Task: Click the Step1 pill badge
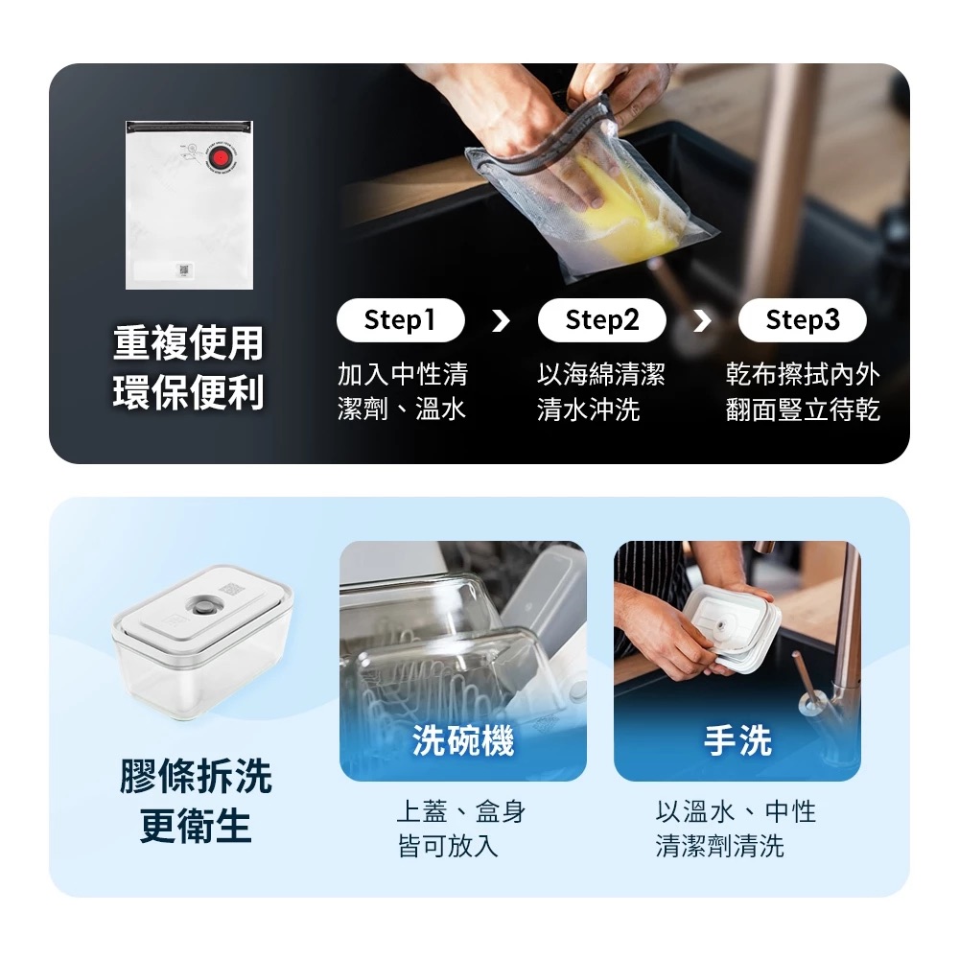400,320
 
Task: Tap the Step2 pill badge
601,320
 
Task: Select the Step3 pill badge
802,320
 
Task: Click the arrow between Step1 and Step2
501,320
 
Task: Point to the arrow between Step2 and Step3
702,320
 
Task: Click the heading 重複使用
188,342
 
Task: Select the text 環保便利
188,393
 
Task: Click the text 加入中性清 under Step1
403,374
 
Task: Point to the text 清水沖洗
588,410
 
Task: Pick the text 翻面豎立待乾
803,410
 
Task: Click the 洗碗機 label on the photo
463,740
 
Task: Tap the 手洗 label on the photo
737,740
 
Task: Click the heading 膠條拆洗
196,777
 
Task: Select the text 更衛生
196,826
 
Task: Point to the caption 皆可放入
448,847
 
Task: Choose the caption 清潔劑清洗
719,847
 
